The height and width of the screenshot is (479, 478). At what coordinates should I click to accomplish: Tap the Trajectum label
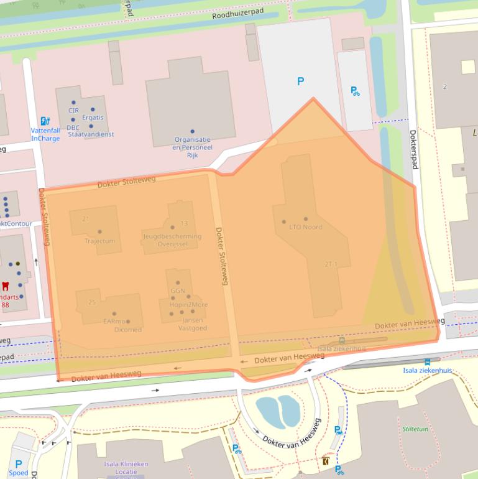pyautogui.click(x=99, y=241)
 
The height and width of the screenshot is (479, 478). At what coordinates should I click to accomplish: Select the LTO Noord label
pyautogui.click(x=305, y=227)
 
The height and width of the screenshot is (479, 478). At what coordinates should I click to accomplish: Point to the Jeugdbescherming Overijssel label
pyautogui.click(x=172, y=240)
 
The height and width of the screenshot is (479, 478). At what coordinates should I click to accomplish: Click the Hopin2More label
pyautogui.click(x=188, y=305)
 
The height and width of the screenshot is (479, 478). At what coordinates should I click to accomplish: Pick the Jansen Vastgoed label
pyautogui.click(x=193, y=324)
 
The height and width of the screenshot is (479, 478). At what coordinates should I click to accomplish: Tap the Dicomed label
pyautogui.click(x=128, y=330)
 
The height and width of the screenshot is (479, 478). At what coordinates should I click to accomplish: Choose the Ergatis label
pyautogui.click(x=92, y=118)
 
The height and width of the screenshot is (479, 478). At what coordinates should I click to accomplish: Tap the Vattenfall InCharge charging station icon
pyautogui.click(x=45, y=121)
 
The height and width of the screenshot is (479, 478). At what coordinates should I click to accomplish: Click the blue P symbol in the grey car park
pyautogui.click(x=301, y=81)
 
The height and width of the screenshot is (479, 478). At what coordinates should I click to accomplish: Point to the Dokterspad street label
pyautogui.click(x=412, y=149)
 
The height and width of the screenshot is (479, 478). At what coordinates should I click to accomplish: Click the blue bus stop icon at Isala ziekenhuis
pyautogui.click(x=427, y=361)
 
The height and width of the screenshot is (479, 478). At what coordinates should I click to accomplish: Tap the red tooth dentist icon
pyautogui.click(x=6, y=287)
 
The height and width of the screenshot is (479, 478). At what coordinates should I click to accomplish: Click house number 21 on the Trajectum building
pyautogui.click(x=86, y=219)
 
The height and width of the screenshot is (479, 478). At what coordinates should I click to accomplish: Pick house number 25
pyautogui.click(x=92, y=302)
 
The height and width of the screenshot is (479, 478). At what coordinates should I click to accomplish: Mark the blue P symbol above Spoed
pyautogui.click(x=18, y=463)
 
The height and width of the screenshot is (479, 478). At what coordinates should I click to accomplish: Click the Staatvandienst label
pyautogui.click(x=91, y=134)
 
